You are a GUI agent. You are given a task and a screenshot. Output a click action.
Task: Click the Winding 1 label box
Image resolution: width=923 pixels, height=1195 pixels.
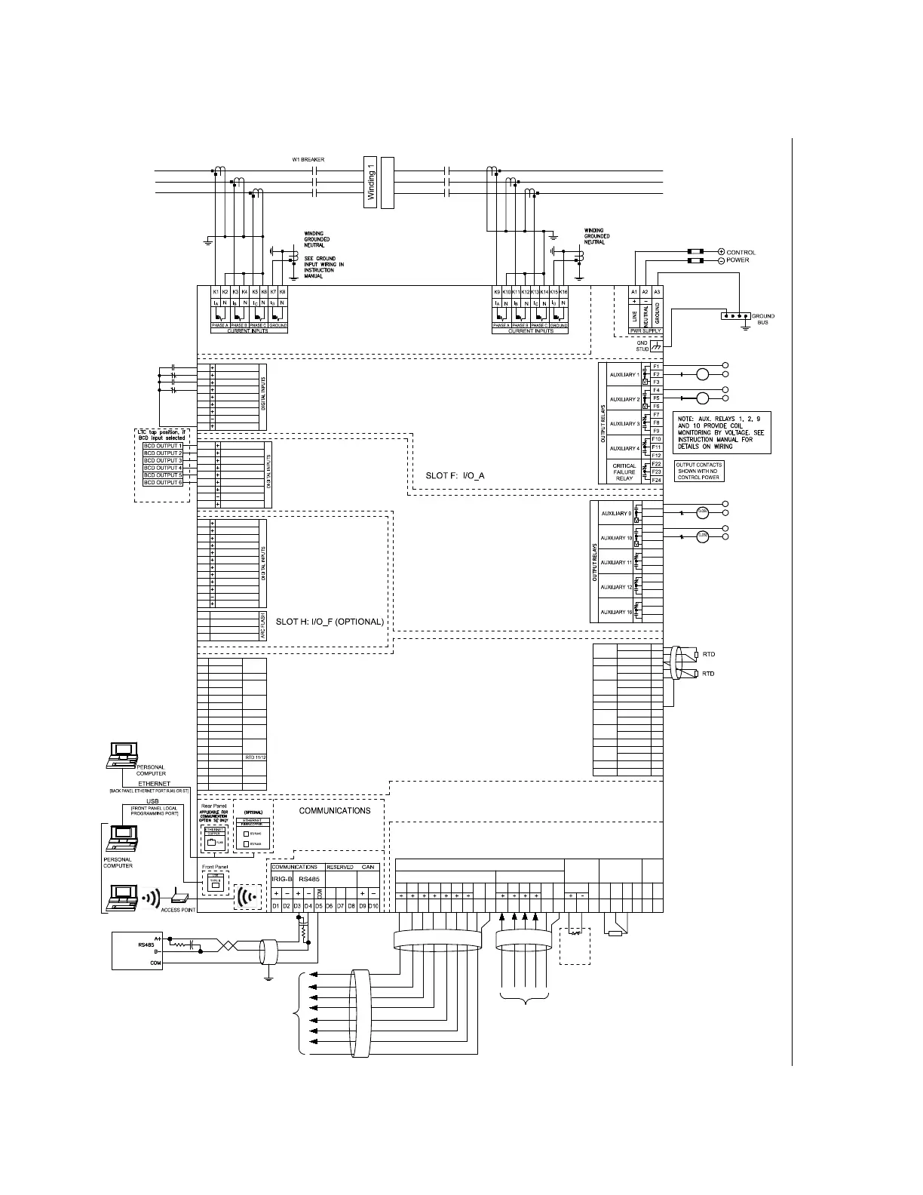[x=370, y=183]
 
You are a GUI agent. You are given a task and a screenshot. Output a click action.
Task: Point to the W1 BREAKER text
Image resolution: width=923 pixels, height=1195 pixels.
[x=308, y=160]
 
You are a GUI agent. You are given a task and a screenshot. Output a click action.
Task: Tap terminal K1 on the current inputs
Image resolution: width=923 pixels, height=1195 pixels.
[x=216, y=291]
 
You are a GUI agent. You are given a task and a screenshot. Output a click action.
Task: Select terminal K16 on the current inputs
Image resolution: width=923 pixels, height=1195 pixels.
[x=563, y=291]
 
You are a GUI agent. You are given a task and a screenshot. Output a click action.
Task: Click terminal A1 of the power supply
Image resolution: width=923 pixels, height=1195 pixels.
[x=634, y=291]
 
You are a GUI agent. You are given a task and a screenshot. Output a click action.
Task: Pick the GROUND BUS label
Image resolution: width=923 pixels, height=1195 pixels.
[x=762, y=319]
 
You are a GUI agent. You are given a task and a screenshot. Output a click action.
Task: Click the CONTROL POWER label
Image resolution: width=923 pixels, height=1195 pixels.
[x=740, y=257]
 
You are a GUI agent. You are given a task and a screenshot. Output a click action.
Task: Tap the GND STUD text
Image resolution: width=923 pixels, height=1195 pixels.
[x=642, y=346]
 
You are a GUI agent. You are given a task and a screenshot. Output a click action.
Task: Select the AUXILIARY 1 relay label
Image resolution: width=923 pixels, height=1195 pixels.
[x=624, y=375]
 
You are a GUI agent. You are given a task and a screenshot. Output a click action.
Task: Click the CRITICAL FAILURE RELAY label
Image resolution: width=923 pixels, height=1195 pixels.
[x=624, y=472]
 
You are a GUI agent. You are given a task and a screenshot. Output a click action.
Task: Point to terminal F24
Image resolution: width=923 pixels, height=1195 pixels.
[x=656, y=480]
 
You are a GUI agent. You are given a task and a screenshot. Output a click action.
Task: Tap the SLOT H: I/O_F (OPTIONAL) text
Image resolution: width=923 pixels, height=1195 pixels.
[x=330, y=622]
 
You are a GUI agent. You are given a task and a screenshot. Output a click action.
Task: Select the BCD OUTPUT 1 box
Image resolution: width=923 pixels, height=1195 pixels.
[x=163, y=446]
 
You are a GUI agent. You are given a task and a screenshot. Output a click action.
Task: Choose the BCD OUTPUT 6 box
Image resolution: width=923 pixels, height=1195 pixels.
[x=163, y=482]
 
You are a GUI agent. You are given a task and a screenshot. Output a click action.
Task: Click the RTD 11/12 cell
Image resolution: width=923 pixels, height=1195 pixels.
[x=255, y=757]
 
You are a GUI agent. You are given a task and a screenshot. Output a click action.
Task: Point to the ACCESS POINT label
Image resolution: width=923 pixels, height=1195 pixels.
[x=178, y=910]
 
